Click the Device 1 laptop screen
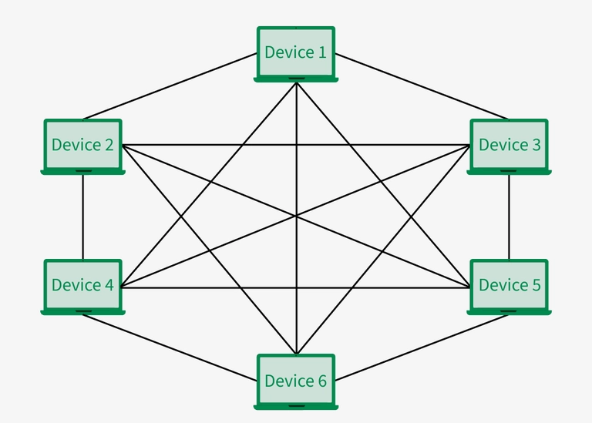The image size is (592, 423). click(296, 52)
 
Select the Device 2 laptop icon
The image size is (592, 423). click(82, 145)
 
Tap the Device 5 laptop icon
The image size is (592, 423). click(509, 285)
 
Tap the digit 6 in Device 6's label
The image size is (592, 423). click(322, 381)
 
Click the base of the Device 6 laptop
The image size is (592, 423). click(296, 405)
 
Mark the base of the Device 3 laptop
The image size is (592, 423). click(509, 172)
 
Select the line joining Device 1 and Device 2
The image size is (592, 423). click(170, 86)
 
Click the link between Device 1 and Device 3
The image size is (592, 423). click(422, 86)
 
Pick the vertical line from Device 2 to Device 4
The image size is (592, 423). click(82, 217)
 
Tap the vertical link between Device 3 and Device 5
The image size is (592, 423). click(509, 217)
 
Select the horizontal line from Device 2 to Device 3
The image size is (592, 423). click(231, 145)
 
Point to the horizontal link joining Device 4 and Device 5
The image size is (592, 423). click(231, 288)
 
